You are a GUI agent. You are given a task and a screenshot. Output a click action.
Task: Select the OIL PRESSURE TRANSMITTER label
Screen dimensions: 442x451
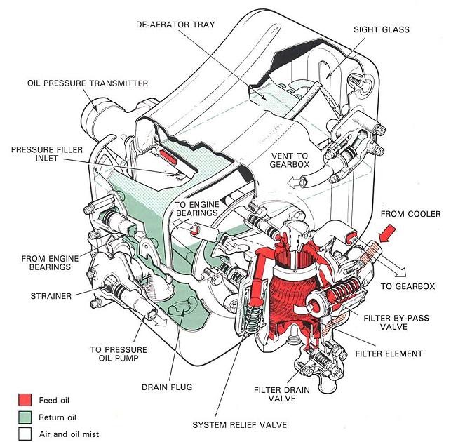(x=88, y=83)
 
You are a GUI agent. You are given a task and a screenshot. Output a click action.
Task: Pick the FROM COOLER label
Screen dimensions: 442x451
(x=410, y=213)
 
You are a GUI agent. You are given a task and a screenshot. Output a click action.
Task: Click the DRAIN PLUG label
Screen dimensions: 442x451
(x=168, y=387)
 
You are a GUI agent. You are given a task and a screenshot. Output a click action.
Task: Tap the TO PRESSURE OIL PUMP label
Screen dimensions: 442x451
(x=119, y=354)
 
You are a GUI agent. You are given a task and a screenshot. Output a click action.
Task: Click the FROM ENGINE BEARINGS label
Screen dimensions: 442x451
(x=49, y=263)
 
